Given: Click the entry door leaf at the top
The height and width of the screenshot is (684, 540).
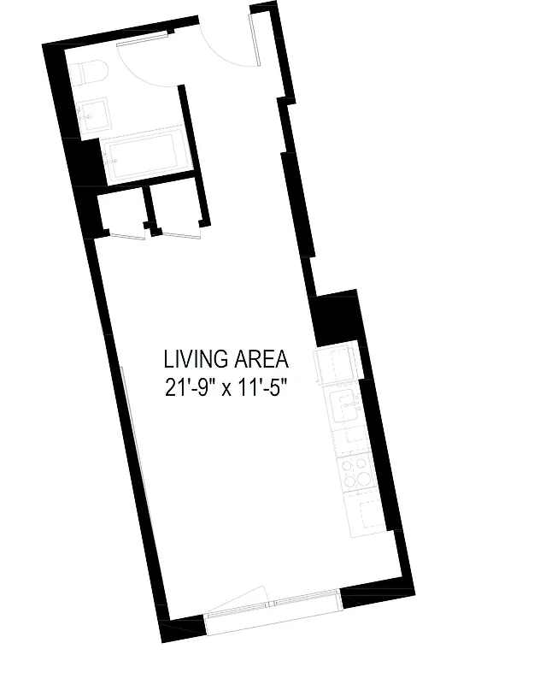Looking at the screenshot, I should [x=255, y=40].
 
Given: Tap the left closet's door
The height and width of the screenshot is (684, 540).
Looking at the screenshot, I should [x=120, y=235].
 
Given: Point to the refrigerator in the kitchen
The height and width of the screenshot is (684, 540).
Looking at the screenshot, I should [x=337, y=366].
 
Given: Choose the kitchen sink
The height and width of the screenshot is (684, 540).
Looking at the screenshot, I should [x=346, y=407].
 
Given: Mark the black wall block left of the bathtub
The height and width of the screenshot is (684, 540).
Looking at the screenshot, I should [x=86, y=163].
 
